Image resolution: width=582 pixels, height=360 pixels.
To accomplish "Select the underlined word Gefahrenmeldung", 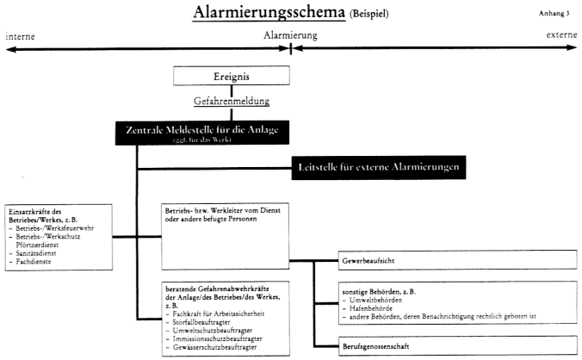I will (x=232, y=101).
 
